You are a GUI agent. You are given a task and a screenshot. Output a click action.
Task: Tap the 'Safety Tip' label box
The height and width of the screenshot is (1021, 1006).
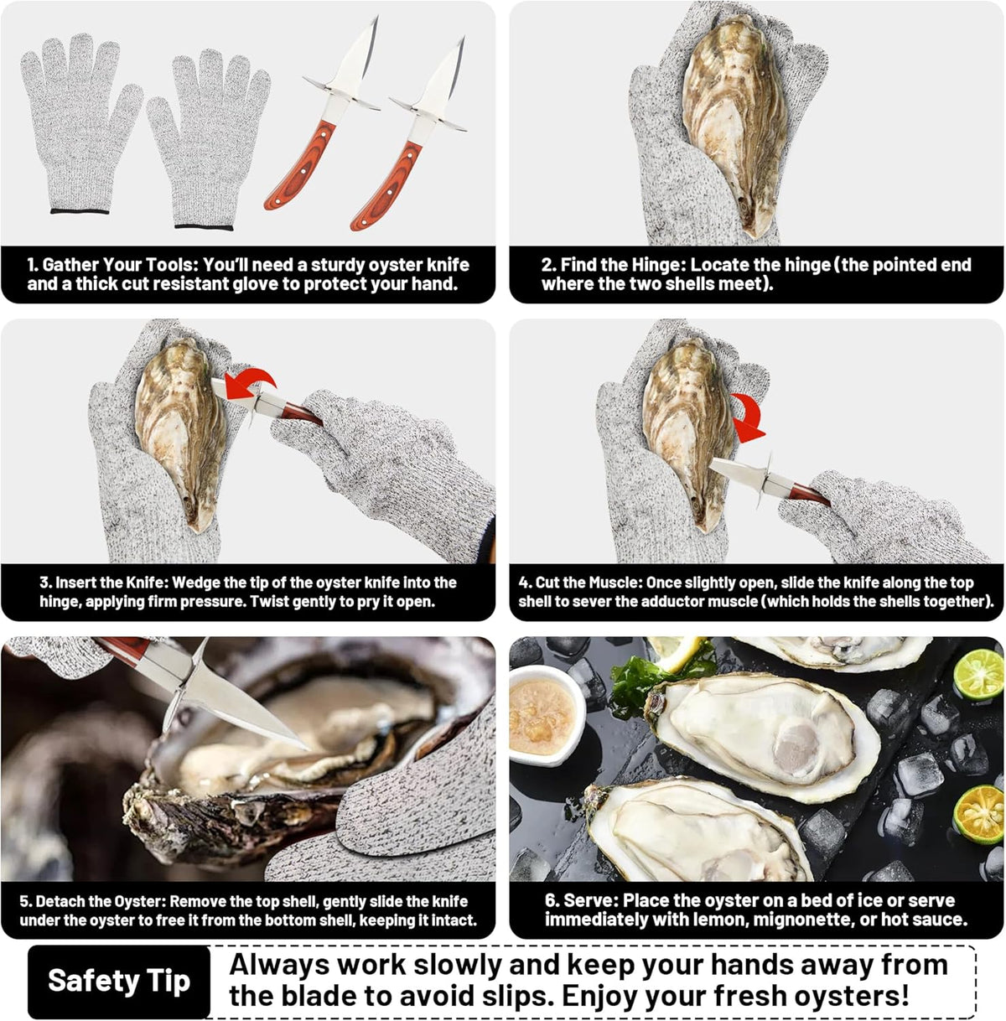pyautogui.click(x=119, y=980)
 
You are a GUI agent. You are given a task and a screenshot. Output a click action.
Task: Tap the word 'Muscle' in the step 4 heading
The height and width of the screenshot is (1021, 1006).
pyautogui.click(x=619, y=583)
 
